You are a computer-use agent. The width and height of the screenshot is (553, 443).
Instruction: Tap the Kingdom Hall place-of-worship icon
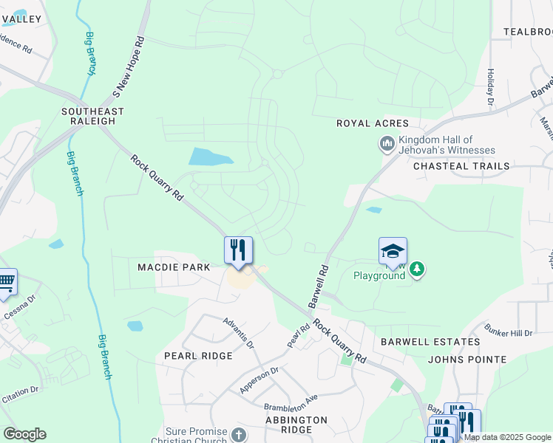click(x=387, y=144)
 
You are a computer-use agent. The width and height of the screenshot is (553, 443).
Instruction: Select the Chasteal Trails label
click(x=461, y=166)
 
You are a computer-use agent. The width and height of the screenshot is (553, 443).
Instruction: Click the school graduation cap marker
click(x=393, y=252)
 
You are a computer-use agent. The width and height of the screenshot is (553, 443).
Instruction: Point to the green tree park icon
click(x=418, y=269)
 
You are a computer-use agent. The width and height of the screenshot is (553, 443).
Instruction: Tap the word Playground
click(x=379, y=275)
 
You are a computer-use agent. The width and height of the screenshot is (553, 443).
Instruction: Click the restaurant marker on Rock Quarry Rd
click(x=238, y=249)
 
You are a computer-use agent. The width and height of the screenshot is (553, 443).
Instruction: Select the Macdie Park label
click(x=169, y=267)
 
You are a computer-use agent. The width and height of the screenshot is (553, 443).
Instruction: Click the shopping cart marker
click(x=7, y=281)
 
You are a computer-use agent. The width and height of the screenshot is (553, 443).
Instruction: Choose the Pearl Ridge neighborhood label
click(x=198, y=356)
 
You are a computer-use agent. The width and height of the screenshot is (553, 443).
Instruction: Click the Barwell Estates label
click(x=430, y=342)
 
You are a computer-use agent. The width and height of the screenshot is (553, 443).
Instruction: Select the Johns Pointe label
click(x=467, y=360)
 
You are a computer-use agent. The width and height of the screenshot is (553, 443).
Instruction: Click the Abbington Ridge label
click(x=296, y=425)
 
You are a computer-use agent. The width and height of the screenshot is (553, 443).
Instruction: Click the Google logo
click(x=24, y=433)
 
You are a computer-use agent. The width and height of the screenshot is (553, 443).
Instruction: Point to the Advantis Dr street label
click(x=239, y=334)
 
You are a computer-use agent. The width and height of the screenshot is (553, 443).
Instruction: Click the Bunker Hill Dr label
click(x=509, y=332)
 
